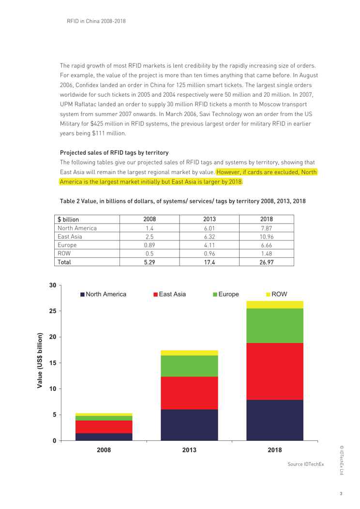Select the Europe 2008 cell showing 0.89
pos(149,246)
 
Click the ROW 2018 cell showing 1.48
pos(267,254)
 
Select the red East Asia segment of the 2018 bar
pos(274,371)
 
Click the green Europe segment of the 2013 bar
pos(189,366)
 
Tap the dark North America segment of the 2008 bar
pos(104,436)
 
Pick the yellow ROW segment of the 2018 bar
pos(274,305)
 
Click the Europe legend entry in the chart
pos(225,294)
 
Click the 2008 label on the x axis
pos(104,450)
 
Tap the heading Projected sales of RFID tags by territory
pos(114,152)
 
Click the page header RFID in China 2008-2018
pos(97,21)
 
